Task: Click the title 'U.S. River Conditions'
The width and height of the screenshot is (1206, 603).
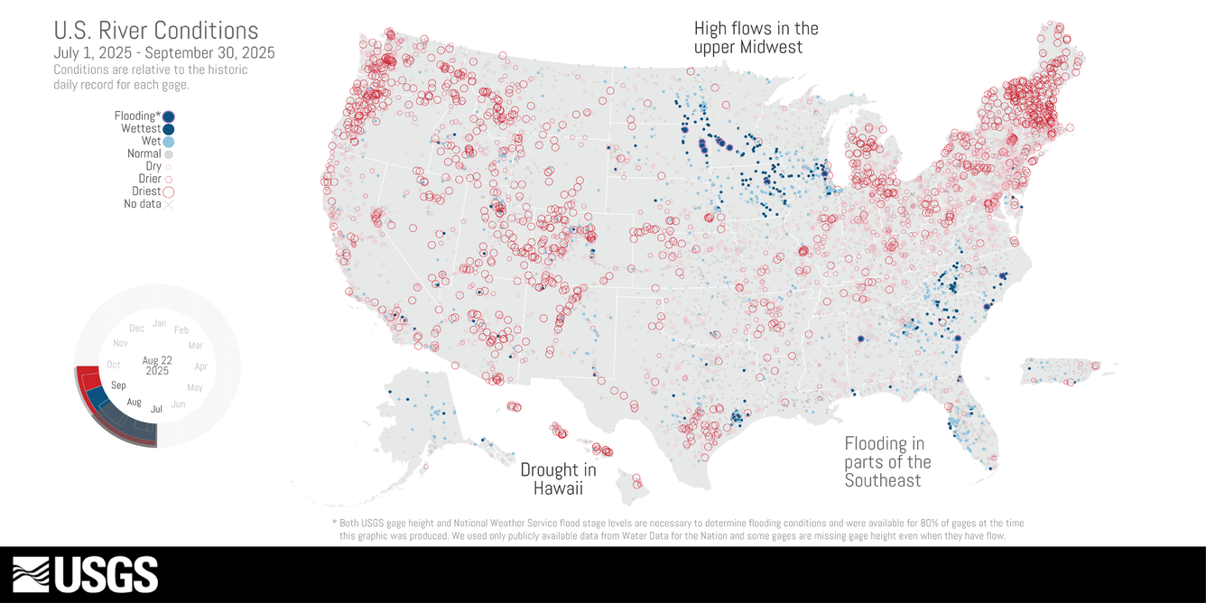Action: point(155,32)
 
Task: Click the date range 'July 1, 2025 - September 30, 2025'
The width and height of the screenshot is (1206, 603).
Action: point(163,53)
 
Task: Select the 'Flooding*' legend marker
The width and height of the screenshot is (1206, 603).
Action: point(169,116)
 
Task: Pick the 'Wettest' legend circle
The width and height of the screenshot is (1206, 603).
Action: point(169,129)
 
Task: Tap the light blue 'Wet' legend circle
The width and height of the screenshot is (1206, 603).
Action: point(169,142)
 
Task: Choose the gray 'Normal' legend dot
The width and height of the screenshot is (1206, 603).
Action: point(169,154)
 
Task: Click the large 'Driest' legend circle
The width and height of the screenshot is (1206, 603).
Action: point(169,191)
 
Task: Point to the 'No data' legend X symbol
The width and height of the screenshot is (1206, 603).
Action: point(169,204)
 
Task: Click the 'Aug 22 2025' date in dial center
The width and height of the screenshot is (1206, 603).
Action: point(157,366)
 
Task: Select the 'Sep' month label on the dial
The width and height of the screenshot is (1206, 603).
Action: point(118,385)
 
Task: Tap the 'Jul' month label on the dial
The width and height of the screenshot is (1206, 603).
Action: point(157,409)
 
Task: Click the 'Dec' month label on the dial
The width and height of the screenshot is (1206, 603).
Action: point(136,329)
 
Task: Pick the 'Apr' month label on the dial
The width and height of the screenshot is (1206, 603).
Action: point(200,366)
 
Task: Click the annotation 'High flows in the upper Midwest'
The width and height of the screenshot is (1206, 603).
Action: point(756,38)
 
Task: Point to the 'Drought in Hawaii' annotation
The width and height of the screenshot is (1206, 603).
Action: point(558,479)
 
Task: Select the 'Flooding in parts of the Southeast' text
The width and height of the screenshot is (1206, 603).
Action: point(887,462)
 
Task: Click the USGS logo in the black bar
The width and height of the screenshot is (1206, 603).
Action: point(86,574)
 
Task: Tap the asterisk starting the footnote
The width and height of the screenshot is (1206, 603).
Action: point(335,523)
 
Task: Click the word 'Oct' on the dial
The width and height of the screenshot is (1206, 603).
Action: point(113,365)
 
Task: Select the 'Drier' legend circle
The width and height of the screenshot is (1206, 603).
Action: point(169,179)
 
